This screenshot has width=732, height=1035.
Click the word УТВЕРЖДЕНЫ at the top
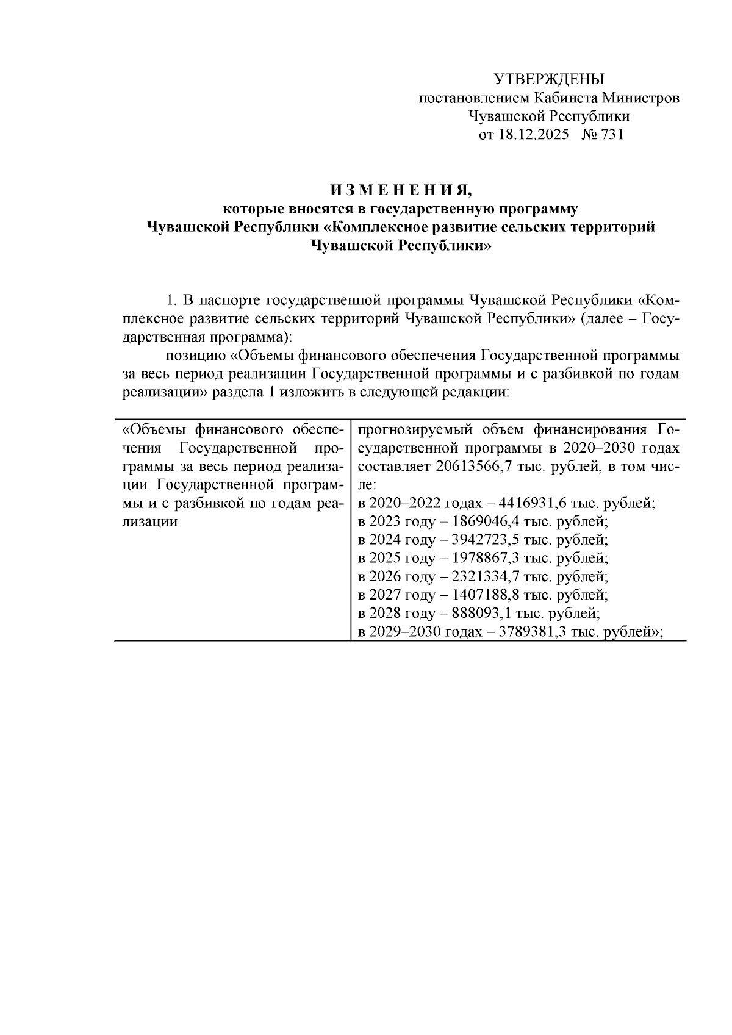548,79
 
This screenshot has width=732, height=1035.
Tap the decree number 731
612,135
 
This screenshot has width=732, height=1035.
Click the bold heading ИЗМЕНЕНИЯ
401,190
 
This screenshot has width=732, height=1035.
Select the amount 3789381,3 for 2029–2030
534,632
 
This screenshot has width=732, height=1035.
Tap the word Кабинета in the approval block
566,98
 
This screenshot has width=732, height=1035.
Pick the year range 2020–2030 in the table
622,448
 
